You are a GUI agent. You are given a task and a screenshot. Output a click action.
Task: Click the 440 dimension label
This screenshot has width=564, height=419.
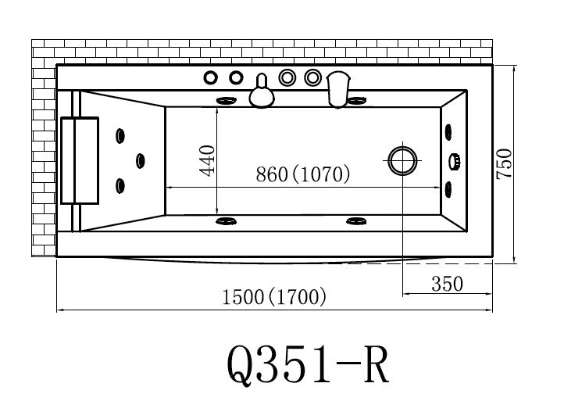tap(208, 160)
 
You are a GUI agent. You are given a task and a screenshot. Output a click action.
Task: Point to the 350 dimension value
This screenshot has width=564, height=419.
tap(448, 284)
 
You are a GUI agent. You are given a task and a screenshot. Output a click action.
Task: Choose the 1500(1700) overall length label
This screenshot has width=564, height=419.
tap(274, 298)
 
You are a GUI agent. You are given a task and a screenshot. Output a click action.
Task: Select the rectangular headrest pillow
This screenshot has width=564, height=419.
tap(80, 160)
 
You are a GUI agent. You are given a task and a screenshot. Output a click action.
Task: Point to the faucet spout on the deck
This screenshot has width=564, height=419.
tap(262, 93)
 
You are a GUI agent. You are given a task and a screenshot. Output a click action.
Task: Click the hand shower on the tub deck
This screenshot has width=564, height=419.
tap(338, 88)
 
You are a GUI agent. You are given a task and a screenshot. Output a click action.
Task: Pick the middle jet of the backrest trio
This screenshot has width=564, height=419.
tap(141, 161)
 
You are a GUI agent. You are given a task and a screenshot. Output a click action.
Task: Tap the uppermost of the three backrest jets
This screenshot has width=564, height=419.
tap(120, 136)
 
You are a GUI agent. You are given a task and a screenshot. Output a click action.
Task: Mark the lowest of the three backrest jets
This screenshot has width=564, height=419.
tap(120, 185)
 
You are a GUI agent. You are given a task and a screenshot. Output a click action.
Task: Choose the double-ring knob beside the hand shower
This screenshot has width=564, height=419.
tap(313, 77)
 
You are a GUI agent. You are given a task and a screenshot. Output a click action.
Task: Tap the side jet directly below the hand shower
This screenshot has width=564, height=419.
tap(358, 100)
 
